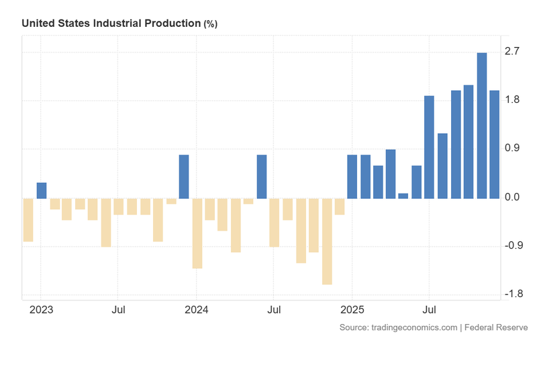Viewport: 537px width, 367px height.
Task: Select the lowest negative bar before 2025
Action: [x=327, y=241]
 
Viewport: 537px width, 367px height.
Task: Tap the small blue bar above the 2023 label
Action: [x=41, y=190]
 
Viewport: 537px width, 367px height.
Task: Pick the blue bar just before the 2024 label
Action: [x=183, y=177]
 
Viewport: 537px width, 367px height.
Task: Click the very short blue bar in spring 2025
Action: [x=403, y=196]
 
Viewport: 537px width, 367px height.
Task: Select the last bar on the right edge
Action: [x=494, y=145]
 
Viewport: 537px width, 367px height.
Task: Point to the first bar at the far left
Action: [x=28, y=220]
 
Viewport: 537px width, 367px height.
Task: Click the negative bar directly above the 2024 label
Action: [x=197, y=233]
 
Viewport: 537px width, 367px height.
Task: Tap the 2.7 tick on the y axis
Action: [x=514, y=52]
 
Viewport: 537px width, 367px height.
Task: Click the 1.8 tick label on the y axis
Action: [x=514, y=100]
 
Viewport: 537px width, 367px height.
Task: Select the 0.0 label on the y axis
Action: [x=514, y=198]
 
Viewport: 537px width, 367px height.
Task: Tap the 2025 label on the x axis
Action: [x=352, y=311]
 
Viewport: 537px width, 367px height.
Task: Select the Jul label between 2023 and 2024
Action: [x=118, y=311]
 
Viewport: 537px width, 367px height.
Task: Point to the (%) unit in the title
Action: [x=210, y=24]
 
